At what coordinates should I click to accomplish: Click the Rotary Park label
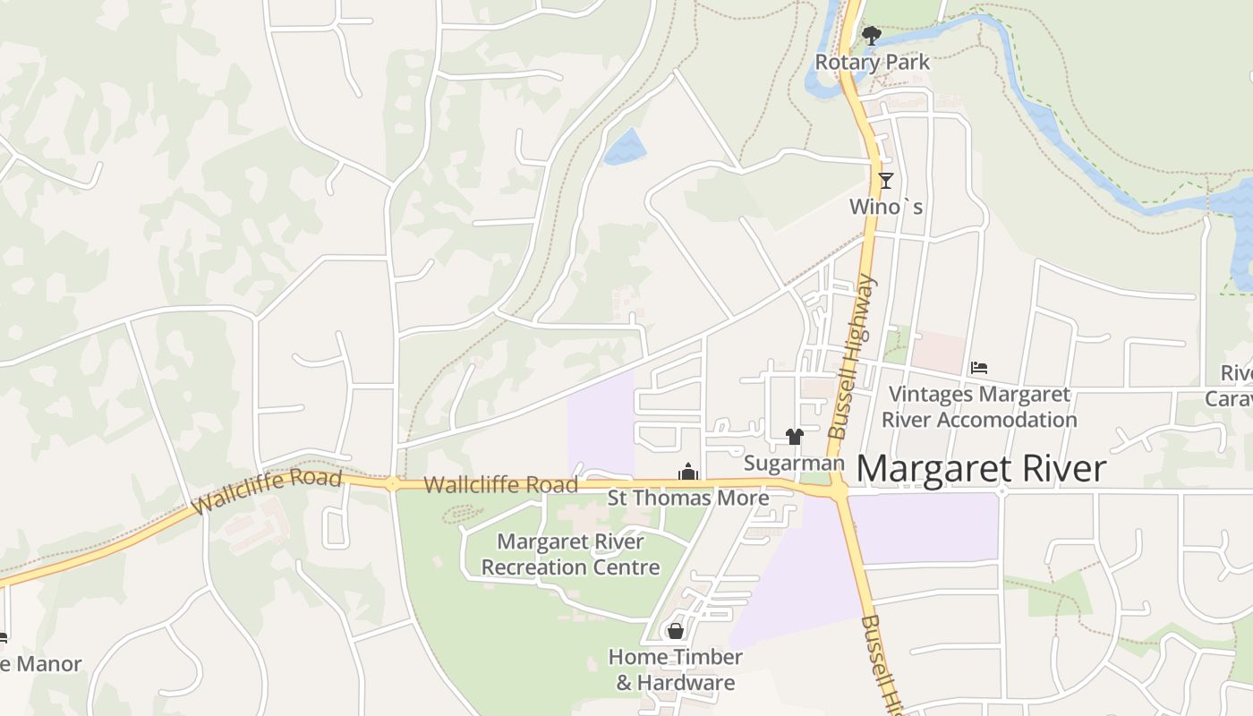[872, 63]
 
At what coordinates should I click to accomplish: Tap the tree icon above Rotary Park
[871, 36]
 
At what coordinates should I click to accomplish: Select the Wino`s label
[885, 207]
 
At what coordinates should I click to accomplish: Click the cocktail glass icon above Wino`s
[886, 181]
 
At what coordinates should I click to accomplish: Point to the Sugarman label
[794, 463]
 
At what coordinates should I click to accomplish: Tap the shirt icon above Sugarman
[794, 437]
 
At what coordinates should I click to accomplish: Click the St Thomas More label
[687, 498]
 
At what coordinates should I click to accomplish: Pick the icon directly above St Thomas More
[687, 472]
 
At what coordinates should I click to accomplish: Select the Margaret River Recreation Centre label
[571, 554]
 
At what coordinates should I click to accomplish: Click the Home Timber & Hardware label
[675, 669]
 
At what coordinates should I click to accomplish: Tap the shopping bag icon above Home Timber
[676, 632]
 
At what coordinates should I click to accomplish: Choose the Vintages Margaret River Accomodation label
[979, 406]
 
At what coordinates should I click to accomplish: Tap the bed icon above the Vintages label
[979, 368]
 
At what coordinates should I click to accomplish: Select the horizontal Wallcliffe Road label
[500, 485]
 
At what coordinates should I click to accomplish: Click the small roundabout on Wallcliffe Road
[392, 484]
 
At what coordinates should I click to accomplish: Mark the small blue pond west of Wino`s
[625, 148]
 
